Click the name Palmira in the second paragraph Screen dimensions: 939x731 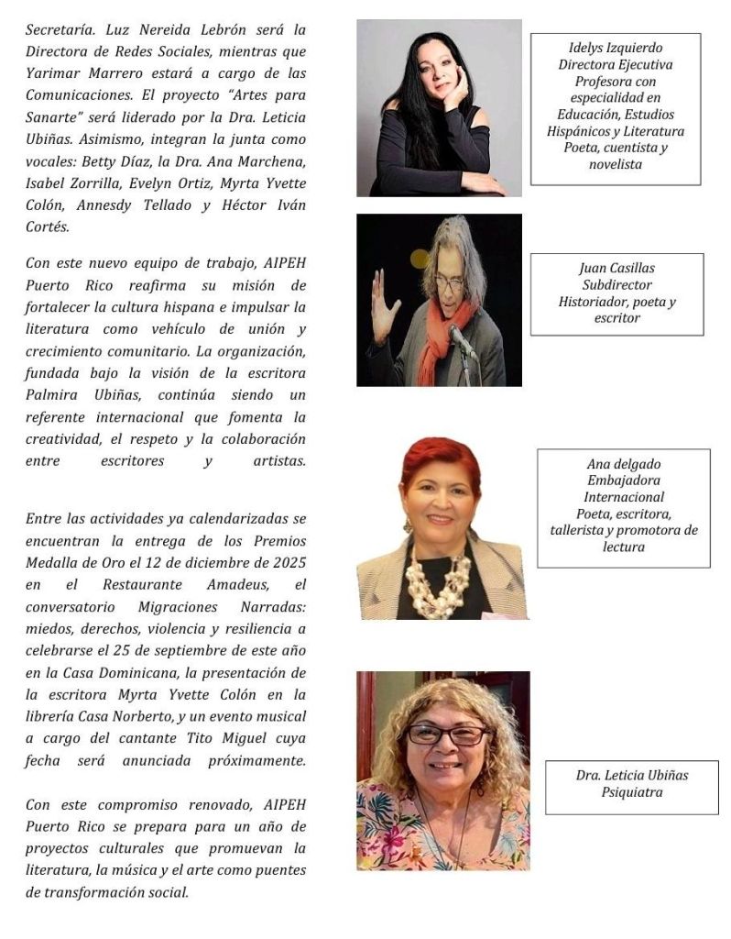click(x=54, y=395)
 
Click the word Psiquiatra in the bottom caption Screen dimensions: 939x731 click(x=632, y=792)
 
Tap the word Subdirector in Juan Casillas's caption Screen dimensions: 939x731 click(x=616, y=285)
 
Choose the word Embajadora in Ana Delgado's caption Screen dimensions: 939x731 click(x=623, y=481)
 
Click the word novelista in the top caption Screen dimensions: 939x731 click(x=615, y=164)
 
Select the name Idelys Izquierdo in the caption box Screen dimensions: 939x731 click(x=616, y=48)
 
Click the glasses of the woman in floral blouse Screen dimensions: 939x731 click(x=446, y=735)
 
